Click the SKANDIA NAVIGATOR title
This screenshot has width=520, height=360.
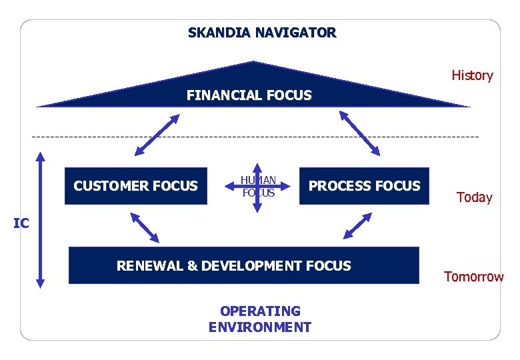pos(262,32)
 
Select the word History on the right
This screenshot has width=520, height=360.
pos(472,75)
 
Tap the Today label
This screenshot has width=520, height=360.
pos(474,197)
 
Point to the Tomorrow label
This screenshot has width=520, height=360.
pos(474,277)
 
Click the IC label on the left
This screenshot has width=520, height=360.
pos(21,224)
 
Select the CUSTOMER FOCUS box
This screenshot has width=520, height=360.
pos(135,186)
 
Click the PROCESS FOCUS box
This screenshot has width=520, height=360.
pos(364,186)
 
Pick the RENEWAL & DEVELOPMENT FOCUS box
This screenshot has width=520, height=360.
pos(244,266)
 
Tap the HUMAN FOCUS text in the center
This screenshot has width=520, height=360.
pos(258,187)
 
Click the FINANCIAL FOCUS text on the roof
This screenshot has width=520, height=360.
pos(249,95)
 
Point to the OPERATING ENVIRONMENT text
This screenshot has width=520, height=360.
pos(259,319)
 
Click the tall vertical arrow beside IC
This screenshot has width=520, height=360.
pos(40,220)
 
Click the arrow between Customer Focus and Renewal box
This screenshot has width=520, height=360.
pos(145,227)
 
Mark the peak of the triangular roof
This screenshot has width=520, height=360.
pos(253,63)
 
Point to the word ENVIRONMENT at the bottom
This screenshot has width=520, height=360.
pos(259,327)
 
